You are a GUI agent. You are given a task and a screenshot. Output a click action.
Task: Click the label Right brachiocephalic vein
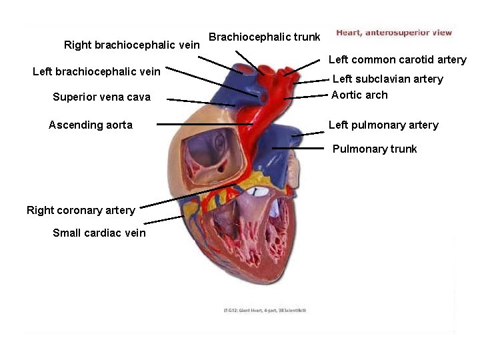click(x=131, y=45)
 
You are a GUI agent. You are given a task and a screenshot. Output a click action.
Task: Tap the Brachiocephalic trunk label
click(x=265, y=37)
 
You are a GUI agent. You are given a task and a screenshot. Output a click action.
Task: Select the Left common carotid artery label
click(x=397, y=59)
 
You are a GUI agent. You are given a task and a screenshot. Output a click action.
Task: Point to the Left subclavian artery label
click(x=387, y=79)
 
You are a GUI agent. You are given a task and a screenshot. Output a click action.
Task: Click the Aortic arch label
click(x=359, y=95)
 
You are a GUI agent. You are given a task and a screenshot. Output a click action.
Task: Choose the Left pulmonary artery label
click(x=383, y=125)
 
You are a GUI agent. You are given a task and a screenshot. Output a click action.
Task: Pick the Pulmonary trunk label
click(x=375, y=149)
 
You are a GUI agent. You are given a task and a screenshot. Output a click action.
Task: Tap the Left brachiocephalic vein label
click(x=97, y=71)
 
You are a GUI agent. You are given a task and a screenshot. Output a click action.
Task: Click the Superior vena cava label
click(x=101, y=97)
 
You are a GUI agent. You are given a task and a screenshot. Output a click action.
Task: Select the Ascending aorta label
click(x=91, y=125)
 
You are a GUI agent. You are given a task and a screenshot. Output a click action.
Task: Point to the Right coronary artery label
click(x=81, y=210)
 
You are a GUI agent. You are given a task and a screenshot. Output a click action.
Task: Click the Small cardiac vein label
click(x=99, y=233)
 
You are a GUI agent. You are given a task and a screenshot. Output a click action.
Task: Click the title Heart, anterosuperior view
click(x=394, y=32)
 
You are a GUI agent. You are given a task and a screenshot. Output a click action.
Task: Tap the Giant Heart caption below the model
click(x=265, y=310)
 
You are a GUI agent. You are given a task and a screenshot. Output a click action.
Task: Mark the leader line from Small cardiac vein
click(x=163, y=219)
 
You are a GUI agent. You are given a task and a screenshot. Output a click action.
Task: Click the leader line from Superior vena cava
click(x=200, y=102)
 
